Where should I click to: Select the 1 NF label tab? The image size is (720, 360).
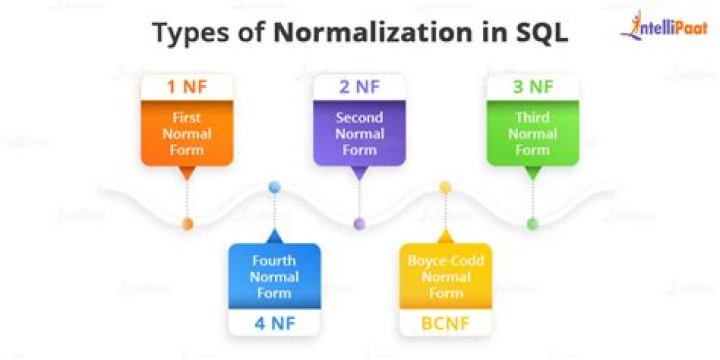[187, 87]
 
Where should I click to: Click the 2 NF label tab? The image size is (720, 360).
[360, 87]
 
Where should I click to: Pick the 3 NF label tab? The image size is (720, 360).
[532, 87]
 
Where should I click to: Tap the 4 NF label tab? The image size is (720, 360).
[274, 322]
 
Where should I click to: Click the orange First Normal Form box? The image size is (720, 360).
[187, 133]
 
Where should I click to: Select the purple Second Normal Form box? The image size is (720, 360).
[360, 133]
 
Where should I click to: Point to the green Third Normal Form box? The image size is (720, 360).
[532, 133]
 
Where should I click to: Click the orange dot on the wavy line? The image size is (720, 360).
[187, 223]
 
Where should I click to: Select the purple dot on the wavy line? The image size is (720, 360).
[360, 223]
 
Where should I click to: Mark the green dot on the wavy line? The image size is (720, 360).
[532, 223]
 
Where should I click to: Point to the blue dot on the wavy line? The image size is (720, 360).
[274, 187]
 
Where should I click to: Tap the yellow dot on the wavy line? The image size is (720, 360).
[445, 187]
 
